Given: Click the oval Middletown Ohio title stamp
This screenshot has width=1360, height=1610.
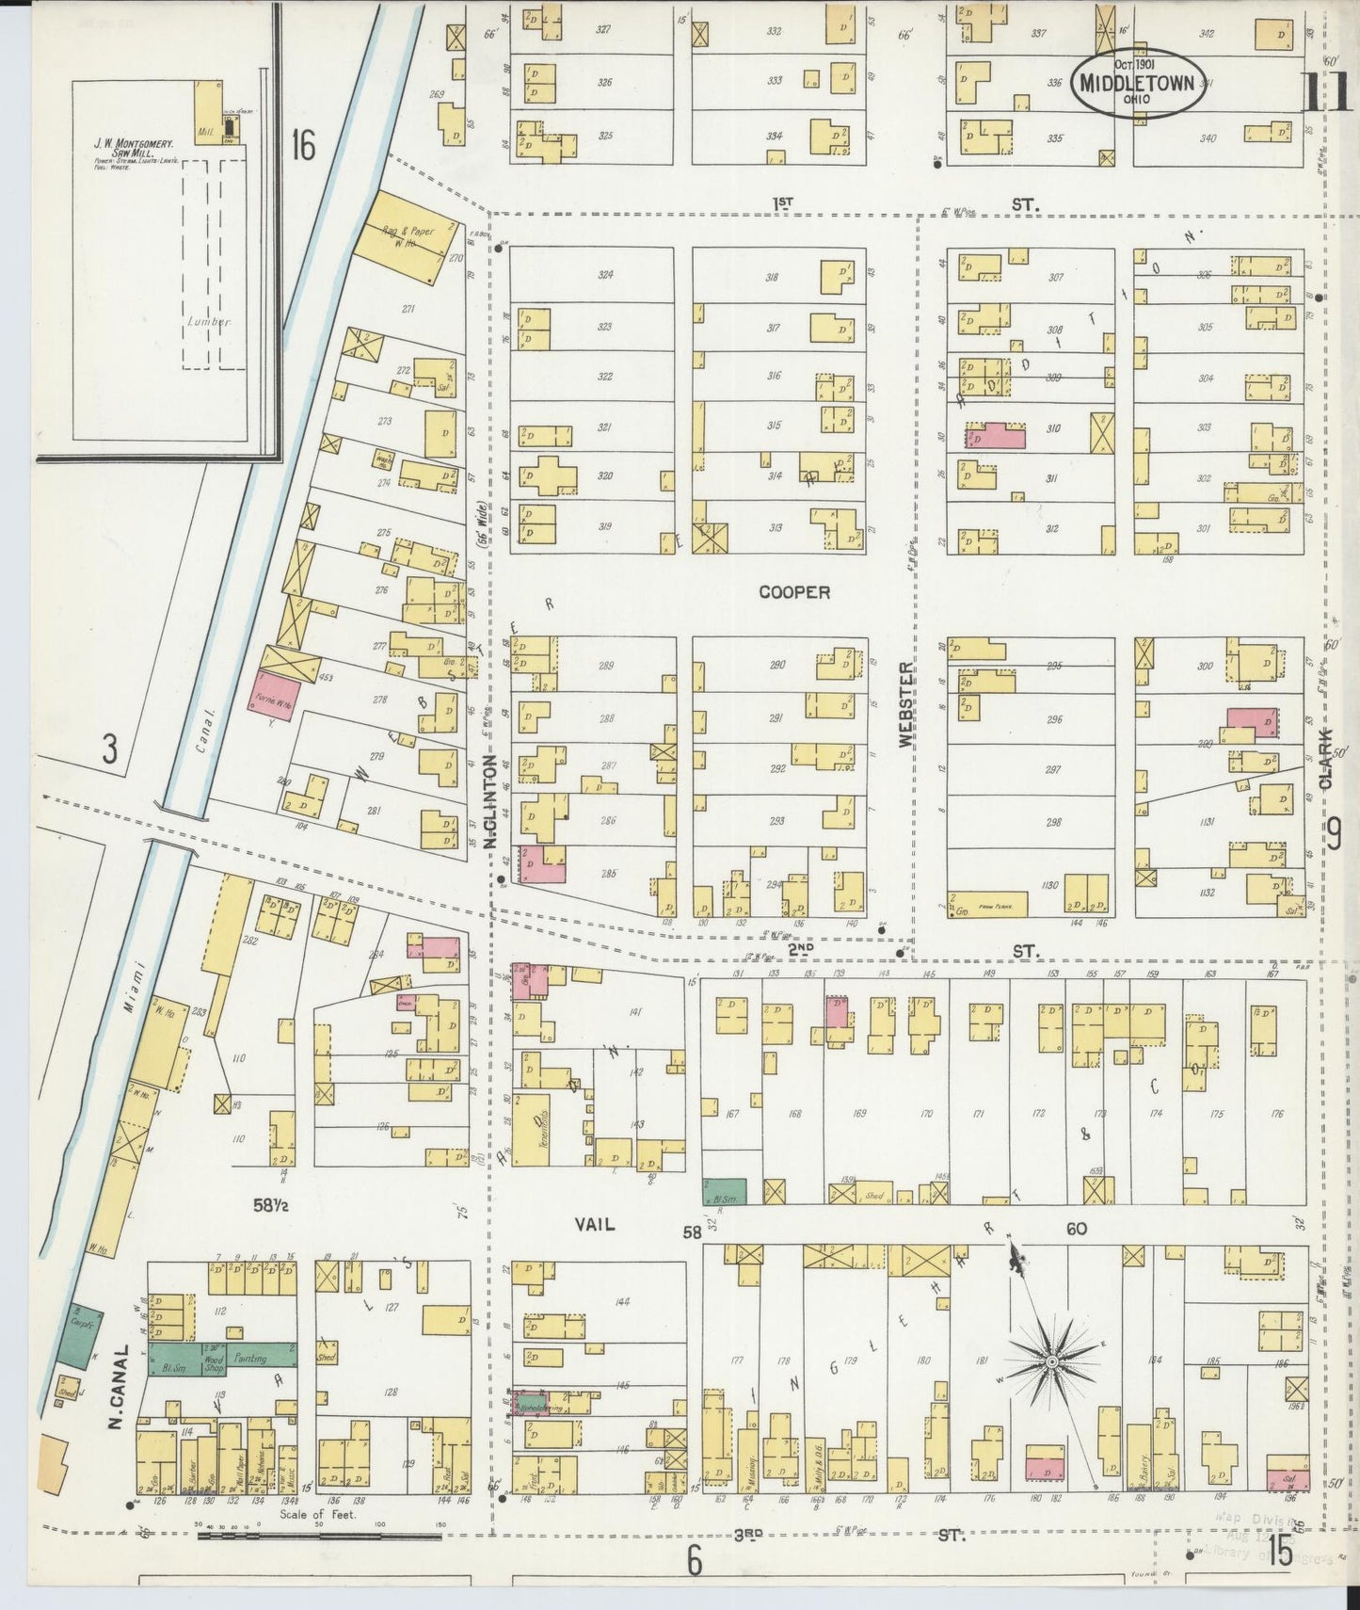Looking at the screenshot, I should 1136,83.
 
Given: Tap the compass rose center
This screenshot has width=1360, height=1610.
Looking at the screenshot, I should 1050,1362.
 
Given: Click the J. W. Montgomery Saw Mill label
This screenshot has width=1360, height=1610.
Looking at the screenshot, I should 132,149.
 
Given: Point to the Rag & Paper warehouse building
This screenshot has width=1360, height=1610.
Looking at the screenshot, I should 405,235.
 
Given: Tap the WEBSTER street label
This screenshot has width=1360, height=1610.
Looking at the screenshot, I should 905,704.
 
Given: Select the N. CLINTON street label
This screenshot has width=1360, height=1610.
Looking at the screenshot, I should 490,802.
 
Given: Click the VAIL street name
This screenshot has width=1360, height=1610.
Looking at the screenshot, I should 595,1224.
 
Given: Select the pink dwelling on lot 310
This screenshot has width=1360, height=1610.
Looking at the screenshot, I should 996,435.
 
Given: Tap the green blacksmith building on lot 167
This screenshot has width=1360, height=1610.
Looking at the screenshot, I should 725,1191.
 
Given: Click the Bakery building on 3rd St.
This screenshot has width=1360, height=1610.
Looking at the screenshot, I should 1139,1457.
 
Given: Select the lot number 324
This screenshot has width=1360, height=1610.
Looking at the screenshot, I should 605,276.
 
